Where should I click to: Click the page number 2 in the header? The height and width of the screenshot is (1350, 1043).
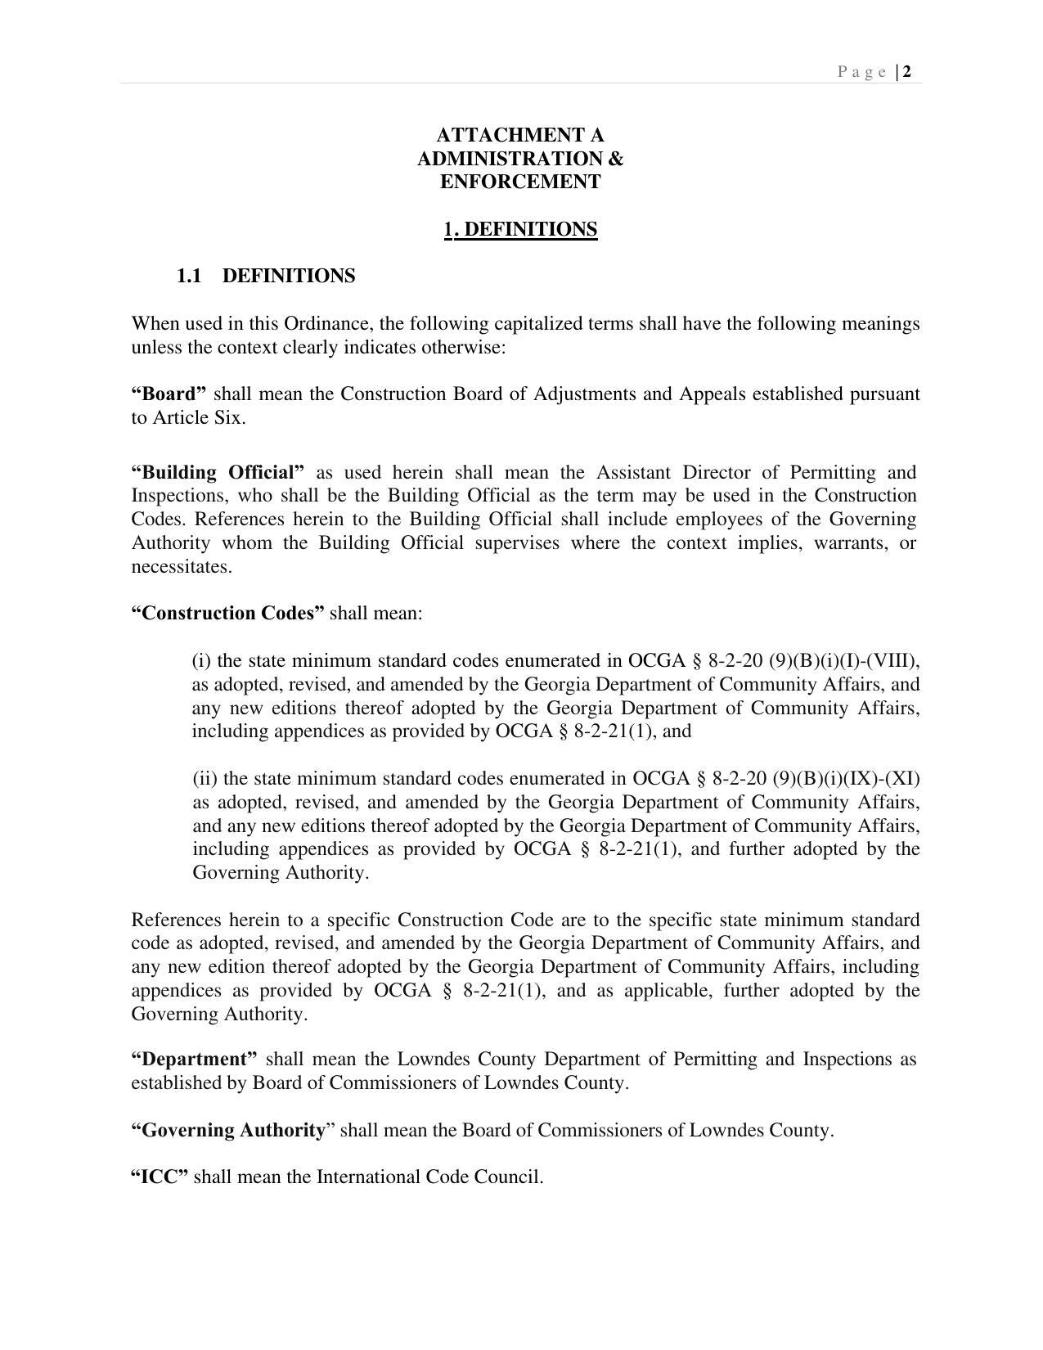[907, 72]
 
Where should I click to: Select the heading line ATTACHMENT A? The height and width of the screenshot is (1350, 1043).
[520, 135]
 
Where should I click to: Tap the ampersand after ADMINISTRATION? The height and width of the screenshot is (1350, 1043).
[615, 159]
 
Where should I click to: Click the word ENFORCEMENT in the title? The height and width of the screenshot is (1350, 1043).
[520, 182]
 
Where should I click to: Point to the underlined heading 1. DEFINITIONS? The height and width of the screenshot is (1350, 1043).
[520, 229]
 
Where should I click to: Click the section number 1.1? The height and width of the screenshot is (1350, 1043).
[189, 277]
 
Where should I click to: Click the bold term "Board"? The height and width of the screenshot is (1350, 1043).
[169, 394]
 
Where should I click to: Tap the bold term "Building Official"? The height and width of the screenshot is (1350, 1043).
[218, 473]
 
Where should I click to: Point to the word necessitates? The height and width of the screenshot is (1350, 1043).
[181, 567]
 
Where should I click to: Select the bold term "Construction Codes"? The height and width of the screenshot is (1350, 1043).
[227, 614]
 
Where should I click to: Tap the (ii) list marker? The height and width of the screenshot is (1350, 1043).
[205, 779]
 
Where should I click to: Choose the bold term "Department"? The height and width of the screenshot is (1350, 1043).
[194, 1060]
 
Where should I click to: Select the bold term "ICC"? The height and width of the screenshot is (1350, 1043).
[160, 1177]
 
